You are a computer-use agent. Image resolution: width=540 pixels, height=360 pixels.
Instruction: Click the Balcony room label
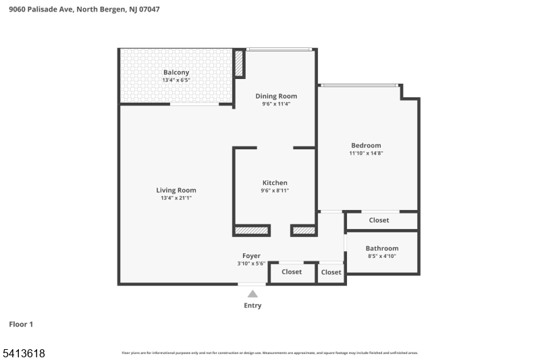pos(176,72)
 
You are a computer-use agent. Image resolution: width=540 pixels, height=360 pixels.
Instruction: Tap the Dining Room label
pos(276,96)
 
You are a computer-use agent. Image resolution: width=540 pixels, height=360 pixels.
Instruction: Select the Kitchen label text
pos(275,183)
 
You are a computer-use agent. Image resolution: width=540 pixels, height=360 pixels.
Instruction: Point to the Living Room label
pos(176,190)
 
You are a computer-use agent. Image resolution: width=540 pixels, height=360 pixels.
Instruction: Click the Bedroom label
pos(366,145)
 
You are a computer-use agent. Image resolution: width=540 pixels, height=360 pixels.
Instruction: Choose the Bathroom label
pos(382,249)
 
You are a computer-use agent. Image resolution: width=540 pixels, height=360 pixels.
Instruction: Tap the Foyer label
pos(251,256)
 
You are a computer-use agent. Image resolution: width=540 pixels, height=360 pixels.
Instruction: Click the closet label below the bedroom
pos(379,220)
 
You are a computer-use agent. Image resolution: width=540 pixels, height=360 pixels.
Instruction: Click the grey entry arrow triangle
pos(252,294)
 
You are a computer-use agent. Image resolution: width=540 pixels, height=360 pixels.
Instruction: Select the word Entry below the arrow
pos(252,305)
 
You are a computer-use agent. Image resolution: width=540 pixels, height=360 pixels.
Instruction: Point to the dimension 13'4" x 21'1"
pos(176,199)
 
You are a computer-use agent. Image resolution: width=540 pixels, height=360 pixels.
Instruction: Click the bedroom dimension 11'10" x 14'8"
pos(366,153)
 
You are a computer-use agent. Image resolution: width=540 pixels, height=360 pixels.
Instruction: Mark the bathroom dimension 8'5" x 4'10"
pos(382,257)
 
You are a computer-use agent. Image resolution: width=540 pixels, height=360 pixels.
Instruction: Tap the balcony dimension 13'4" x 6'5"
pos(176,80)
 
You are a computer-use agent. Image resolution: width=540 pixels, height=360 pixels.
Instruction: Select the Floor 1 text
pos(21,324)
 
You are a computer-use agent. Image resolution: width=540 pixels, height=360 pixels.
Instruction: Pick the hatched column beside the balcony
pos(239,63)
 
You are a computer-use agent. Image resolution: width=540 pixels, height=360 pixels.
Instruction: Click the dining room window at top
pos(279,49)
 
